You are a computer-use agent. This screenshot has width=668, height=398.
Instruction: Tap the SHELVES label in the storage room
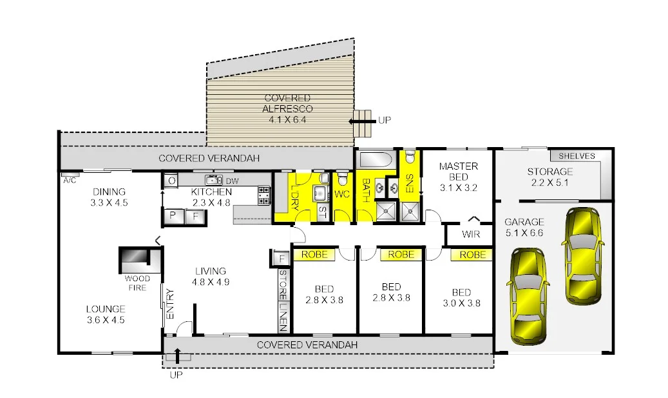tap(577, 156)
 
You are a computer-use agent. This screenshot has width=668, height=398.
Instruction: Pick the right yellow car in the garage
tap(583, 254)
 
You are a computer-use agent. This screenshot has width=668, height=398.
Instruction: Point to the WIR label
tap(471, 234)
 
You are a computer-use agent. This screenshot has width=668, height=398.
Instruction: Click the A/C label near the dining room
tap(70, 180)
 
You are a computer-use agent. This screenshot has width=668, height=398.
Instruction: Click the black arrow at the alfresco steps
tap(361, 119)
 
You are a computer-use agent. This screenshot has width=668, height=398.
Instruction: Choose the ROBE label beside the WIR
tap(473, 255)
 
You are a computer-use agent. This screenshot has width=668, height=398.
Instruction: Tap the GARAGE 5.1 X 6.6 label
tap(524, 227)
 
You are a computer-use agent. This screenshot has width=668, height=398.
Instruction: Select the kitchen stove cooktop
tap(264, 195)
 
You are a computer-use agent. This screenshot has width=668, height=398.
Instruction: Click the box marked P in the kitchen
tap(173, 216)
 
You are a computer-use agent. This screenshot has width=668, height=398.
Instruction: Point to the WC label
tap(342, 194)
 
